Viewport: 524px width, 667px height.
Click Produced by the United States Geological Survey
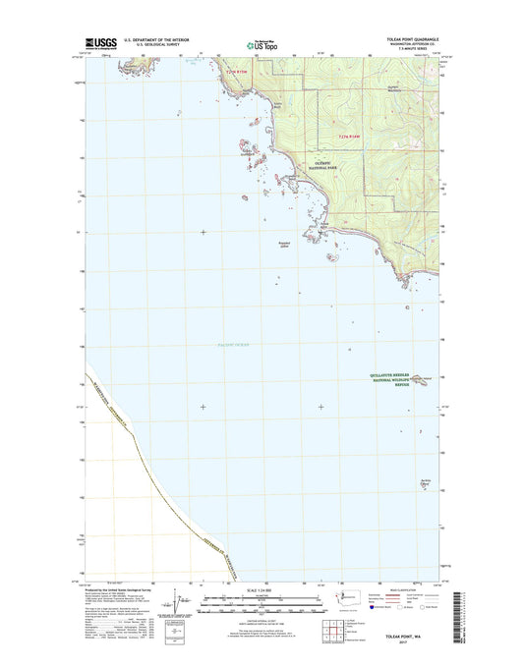(x=120, y=582)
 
